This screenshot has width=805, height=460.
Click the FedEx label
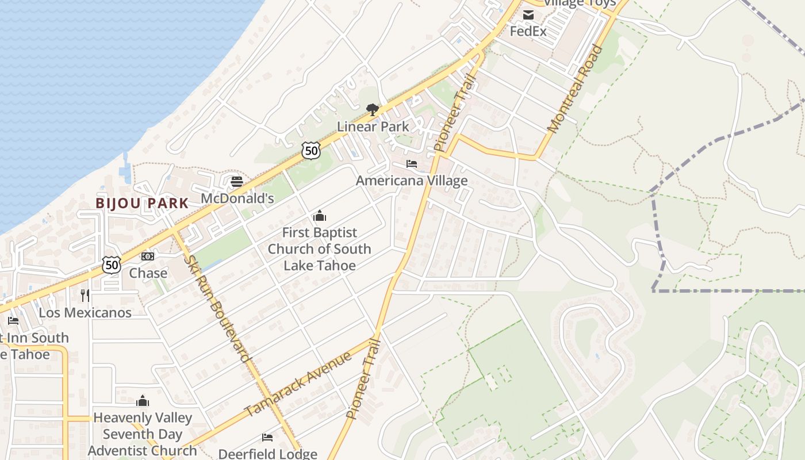pos(528,31)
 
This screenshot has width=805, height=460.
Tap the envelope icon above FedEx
pos(528,15)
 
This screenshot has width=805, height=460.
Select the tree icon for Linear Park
pos(373,109)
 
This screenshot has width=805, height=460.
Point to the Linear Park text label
pos(373,126)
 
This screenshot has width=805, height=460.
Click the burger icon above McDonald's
pos(237,182)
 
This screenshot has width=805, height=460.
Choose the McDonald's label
pos(237,198)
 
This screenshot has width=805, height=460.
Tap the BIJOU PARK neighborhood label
pos(142,203)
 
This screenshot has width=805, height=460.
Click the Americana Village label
pos(412,181)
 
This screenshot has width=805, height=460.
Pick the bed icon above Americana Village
pos(412,164)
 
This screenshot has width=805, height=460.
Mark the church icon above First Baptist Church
pos(319,216)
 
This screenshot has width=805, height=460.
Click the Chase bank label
pos(148,273)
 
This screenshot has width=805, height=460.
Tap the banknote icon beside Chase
pos(148,256)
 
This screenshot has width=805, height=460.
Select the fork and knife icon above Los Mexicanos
pos(85,296)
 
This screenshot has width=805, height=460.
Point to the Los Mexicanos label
pos(85,313)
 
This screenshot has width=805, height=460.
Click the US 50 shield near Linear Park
pos(310,151)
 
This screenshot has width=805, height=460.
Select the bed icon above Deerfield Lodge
pos(267,438)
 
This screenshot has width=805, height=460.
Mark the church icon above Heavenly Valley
pos(143,401)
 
